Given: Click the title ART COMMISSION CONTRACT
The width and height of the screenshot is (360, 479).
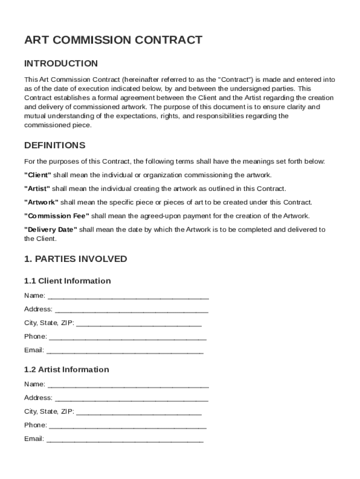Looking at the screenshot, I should point(113,40).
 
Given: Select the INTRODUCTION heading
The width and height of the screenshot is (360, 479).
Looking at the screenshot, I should point(61,64).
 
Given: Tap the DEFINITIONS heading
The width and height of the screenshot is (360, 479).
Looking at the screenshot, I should point(55,145).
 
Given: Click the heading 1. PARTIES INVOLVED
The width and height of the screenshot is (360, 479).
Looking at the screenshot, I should point(75,259).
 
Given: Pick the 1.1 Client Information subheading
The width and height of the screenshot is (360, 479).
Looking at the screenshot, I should point(67,281).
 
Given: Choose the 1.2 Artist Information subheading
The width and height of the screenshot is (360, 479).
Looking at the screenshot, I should point(66,370).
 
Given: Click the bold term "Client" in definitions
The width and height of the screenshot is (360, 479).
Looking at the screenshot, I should point(37,175).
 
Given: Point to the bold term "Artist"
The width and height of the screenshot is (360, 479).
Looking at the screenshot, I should point(37,189).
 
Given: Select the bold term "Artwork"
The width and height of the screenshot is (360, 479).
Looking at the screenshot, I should point(41,202).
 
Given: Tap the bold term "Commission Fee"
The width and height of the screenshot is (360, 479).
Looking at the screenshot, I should point(57,216).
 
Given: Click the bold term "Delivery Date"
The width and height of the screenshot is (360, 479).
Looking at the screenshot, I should point(50,229).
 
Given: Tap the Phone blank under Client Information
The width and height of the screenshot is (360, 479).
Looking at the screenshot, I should point(128,337).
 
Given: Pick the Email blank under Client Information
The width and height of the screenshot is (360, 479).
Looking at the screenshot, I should point(125,351).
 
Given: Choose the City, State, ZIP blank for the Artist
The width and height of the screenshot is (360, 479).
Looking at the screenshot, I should point(138,413).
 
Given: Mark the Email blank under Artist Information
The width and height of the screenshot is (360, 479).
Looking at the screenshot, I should point(125,440).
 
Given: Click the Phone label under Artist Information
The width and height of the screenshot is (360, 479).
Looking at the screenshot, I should point(35,425).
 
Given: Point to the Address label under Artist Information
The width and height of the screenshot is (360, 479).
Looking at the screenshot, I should point(38,398).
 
